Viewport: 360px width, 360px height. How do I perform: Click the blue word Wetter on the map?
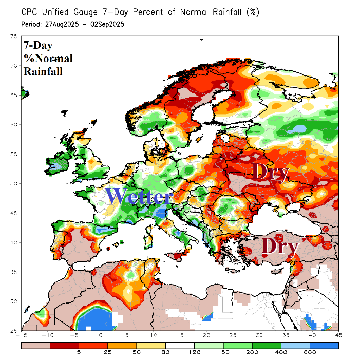click(139, 197)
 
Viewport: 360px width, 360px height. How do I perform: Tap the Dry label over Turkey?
click(280, 247)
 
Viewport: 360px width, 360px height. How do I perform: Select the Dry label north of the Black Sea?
click(271, 172)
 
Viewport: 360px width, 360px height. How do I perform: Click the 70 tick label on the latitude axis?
click(15, 66)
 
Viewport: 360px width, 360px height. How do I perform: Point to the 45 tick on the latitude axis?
click(15, 213)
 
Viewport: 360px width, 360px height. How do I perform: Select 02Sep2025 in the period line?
click(106, 24)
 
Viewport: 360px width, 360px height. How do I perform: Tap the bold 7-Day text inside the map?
click(39, 45)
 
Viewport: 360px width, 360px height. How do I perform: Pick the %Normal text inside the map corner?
click(48, 58)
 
